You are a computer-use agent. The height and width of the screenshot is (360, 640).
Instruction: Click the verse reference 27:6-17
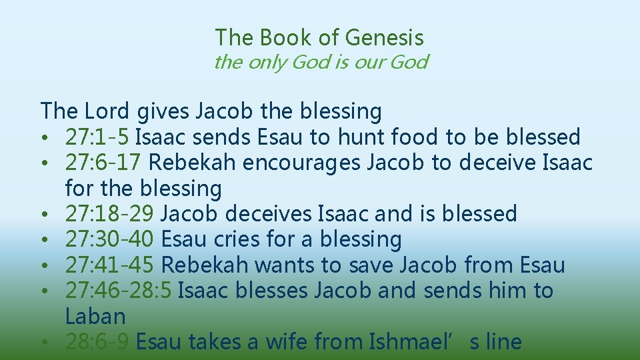(x=105, y=163)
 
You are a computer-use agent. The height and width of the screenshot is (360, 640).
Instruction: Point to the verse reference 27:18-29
(x=111, y=213)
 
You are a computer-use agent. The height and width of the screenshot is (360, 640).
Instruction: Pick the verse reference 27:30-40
(x=111, y=239)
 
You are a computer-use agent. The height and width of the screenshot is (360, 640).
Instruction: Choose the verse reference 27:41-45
(x=111, y=265)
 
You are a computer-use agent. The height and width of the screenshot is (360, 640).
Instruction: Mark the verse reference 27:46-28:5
(x=120, y=290)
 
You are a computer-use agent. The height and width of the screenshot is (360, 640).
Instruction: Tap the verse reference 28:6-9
(x=98, y=341)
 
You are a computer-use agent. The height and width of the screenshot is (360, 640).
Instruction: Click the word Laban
(x=95, y=316)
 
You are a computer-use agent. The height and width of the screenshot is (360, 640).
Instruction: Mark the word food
(x=415, y=137)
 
